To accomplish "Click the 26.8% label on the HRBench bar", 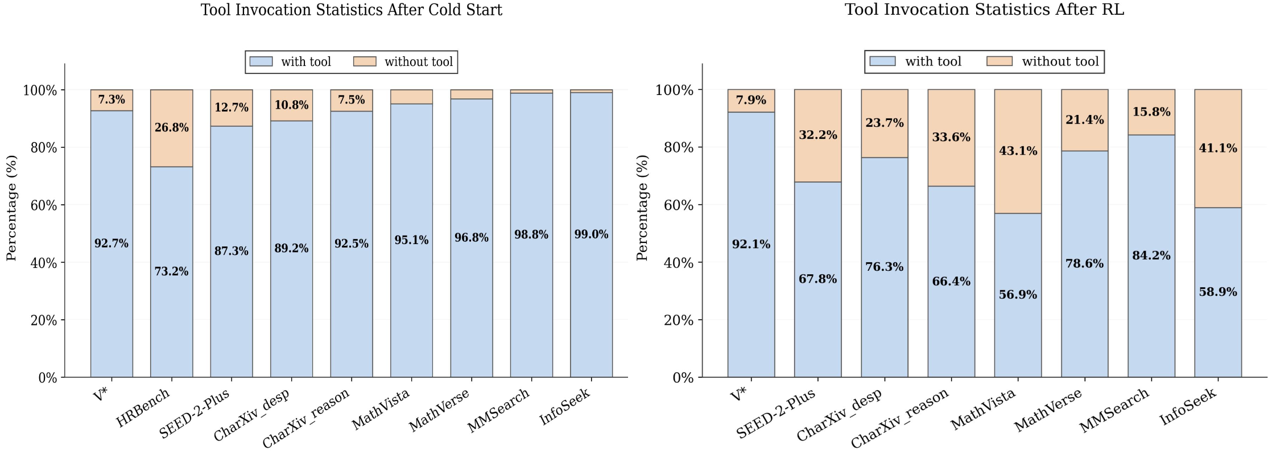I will pos(171,127).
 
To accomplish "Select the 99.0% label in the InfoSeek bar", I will pos(591,234).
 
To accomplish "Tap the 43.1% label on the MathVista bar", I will pos(1018,151).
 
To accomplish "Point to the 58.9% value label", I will pos(1217,292).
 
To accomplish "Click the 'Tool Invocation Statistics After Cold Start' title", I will pos(351,10).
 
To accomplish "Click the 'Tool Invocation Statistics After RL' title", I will pos(984,10).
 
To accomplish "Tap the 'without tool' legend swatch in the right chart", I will pos(999,61).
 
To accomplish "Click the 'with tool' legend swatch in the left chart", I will pos(261,61).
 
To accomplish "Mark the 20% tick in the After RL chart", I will pos(678,320).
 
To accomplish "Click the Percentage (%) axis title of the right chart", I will pos(642,208).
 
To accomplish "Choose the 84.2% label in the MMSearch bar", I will pos(1151,255).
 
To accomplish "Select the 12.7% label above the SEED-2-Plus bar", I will pos(231,108).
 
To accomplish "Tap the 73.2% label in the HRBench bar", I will pos(171,271).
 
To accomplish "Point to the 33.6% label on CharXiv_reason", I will pos(951,137).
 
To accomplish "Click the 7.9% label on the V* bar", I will pos(751,100).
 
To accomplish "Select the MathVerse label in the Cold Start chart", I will pos(439,410).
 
